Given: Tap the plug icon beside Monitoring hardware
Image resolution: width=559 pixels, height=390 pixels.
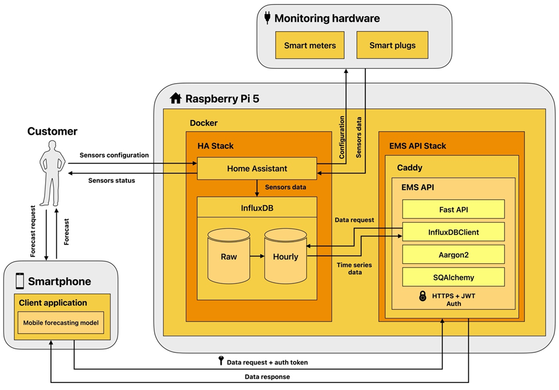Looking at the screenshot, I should [267, 18].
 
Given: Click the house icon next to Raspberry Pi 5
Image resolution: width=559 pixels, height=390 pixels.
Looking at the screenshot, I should [176, 99].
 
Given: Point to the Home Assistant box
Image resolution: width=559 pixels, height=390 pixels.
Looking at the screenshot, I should [257, 169].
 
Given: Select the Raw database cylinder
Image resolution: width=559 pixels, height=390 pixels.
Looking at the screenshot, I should [229, 256].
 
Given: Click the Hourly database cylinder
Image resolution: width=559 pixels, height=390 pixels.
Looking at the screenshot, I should [285, 256].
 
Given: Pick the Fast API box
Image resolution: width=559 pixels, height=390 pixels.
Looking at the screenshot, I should [453, 209].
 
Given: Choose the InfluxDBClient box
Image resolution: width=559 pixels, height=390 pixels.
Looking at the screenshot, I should [453, 232].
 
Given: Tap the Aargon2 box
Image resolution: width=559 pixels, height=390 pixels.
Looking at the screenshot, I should [453, 254].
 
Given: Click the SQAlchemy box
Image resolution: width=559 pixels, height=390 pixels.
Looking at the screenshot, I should [453, 277].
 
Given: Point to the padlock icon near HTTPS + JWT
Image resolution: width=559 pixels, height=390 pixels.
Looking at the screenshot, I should [423, 297].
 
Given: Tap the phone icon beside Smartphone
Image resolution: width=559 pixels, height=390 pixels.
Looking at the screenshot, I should [20, 281].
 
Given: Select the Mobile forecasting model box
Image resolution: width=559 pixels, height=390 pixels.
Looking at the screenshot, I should [61, 323].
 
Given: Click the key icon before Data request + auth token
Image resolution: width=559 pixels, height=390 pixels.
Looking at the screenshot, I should [221, 361].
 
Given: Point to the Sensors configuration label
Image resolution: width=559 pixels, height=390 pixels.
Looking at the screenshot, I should [114, 155].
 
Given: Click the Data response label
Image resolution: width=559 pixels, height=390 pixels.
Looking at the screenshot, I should [267, 377].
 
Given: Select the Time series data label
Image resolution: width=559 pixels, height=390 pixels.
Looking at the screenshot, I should [349, 268].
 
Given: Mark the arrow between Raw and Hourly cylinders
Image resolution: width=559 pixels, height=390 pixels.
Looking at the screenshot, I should [257, 256].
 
